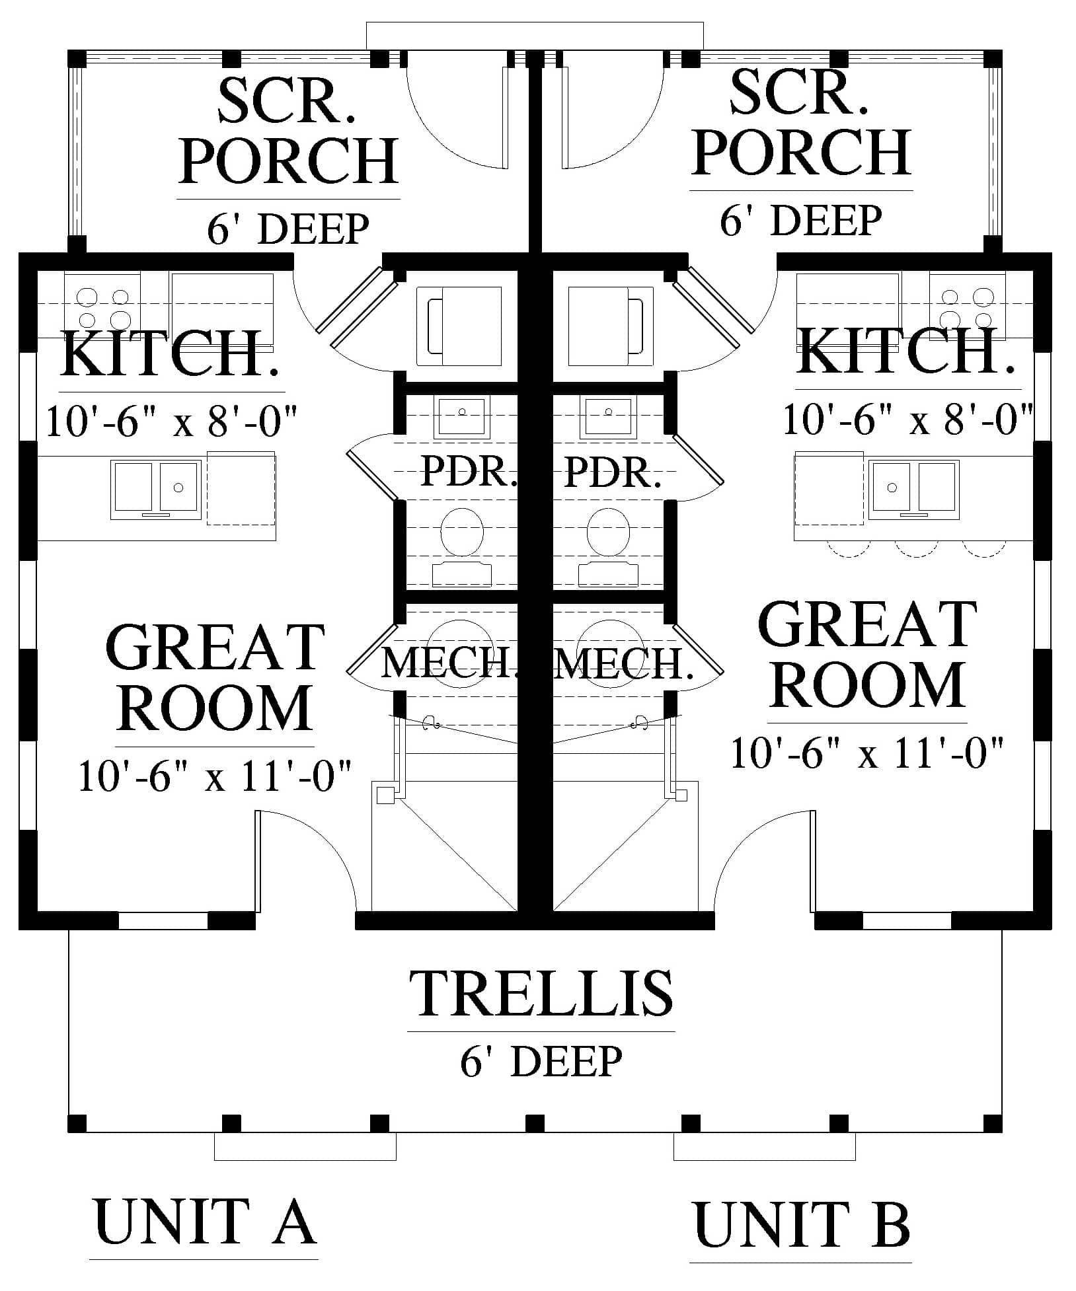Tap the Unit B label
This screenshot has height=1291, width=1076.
coord(802,1224)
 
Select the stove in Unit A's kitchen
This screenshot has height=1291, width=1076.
coord(102,309)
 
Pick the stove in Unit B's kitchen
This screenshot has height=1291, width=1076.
coord(967,309)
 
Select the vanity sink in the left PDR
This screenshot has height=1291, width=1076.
coord(462,417)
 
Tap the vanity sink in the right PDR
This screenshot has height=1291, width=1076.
coord(608,417)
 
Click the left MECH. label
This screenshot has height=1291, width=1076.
coord(449,664)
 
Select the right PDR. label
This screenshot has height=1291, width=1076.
coord(613,472)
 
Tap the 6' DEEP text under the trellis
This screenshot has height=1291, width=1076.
coord(541,1062)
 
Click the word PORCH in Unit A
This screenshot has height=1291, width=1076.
coord(289,161)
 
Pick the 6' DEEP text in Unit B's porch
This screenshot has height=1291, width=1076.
coord(801,220)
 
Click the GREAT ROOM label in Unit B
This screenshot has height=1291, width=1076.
coord(868,654)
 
